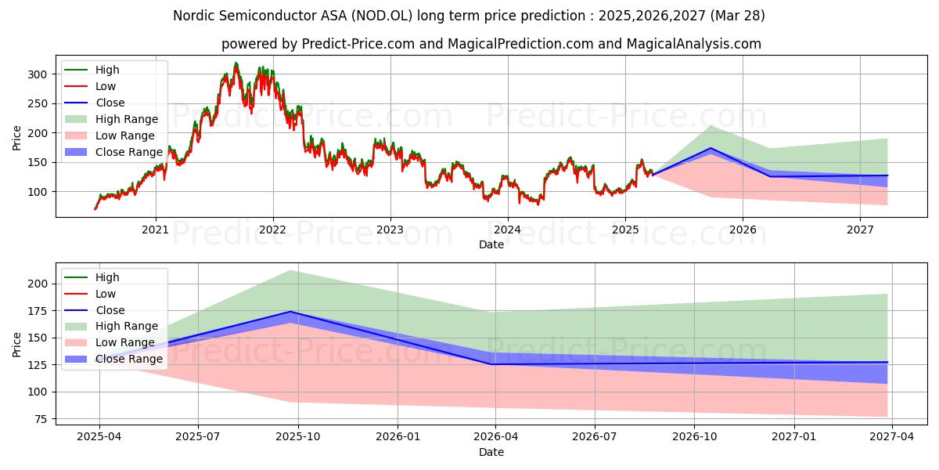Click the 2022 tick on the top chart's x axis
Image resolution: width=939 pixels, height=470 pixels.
coord(272,230)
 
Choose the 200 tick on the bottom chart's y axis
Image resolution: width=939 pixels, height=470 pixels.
coord(39,284)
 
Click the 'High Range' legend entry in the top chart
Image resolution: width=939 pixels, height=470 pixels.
coord(127,119)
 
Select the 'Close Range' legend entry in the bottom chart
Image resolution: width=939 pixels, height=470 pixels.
coord(129,359)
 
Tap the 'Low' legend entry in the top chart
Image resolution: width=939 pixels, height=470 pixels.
coord(106,86)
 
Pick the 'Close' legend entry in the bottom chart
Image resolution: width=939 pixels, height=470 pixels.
coord(110,310)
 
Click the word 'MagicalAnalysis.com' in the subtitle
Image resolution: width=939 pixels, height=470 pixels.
coord(695,44)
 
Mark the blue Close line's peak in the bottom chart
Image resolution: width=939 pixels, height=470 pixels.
coord(291,312)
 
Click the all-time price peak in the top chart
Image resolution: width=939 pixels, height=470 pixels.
coord(236,63)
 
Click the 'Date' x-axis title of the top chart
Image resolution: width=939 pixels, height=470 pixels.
coord(491,245)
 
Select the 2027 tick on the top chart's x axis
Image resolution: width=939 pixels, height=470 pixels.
coord(860,230)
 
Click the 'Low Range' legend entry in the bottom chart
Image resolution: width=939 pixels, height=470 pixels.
coord(126,342)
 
